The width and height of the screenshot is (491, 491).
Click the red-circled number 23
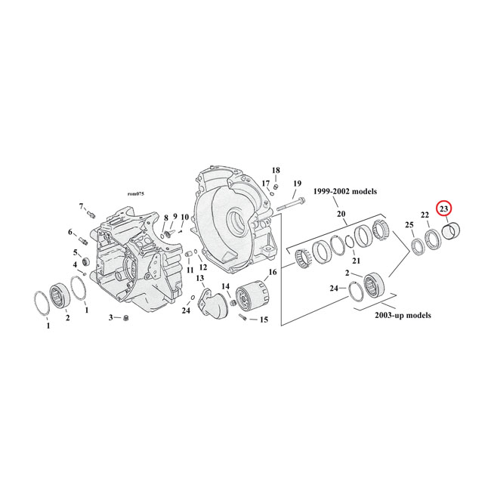tap(444, 208)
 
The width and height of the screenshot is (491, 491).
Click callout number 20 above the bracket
tap(341, 215)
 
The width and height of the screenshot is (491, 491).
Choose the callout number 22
tap(426, 216)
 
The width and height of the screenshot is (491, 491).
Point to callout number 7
tap(82, 206)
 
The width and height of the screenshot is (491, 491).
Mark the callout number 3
tap(110, 317)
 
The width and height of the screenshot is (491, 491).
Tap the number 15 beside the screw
tap(264, 320)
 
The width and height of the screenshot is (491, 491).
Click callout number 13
tap(200, 279)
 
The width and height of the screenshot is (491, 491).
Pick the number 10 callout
tap(184, 218)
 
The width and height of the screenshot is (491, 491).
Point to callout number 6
tap(71, 232)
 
